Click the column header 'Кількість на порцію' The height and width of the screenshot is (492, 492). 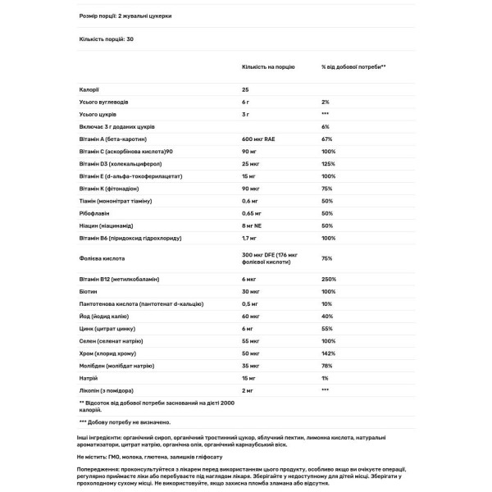(x=269, y=67)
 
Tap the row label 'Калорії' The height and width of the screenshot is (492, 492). (x=89, y=89)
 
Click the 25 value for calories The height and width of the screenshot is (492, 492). (x=245, y=89)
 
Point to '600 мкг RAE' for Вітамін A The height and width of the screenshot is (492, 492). (x=260, y=139)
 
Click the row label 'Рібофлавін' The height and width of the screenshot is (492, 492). (x=96, y=212)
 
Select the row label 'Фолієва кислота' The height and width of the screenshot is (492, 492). (x=102, y=257)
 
